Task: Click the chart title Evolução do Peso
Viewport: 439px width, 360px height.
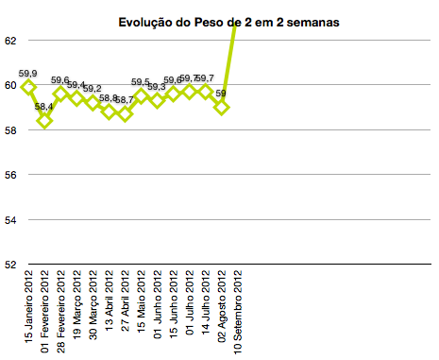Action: pyautogui.click(x=228, y=20)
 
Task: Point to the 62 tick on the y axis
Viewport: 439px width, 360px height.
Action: pyautogui.click(x=11, y=41)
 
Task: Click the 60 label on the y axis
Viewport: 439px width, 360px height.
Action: pyautogui.click(x=11, y=85)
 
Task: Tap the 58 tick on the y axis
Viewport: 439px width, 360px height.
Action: pyautogui.click(x=11, y=130)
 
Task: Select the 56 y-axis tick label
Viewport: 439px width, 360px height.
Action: pyautogui.click(x=11, y=175)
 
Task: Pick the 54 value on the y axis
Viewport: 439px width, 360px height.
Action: pyautogui.click(x=11, y=219)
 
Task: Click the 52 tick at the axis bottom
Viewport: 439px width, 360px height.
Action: pyautogui.click(x=11, y=264)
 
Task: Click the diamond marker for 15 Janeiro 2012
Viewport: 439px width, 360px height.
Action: pyautogui.click(x=28, y=87)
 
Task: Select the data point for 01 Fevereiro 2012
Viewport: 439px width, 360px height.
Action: pyautogui.click(x=44, y=121)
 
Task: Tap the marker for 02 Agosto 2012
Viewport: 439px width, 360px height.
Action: pyautogui.click(x=222, y=107)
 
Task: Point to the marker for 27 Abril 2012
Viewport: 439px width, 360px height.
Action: pyautogui.click(x=125, y=114)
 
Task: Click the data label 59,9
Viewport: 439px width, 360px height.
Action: pyautogui.click(x=28, y=74)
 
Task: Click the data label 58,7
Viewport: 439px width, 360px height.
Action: pyautogui.click(x=125, y=100)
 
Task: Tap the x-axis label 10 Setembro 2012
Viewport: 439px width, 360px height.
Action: pyautogui.click(x=238, y=311)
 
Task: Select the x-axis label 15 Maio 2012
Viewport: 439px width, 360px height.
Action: pyautogui.click(x=141, y=303)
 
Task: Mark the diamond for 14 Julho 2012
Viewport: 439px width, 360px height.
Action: pyautogui.click(x=206, y=92)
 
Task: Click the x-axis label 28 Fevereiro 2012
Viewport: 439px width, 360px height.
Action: pyautogui.click(x=60, y=311)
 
